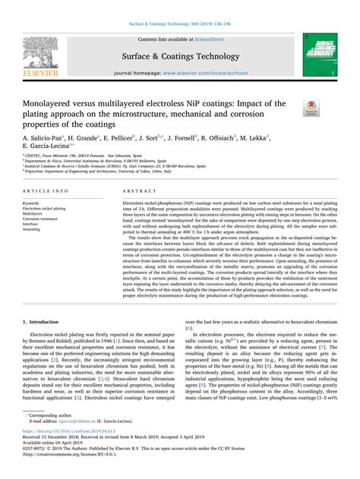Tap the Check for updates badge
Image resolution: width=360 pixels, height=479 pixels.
[x=310, y=109]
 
